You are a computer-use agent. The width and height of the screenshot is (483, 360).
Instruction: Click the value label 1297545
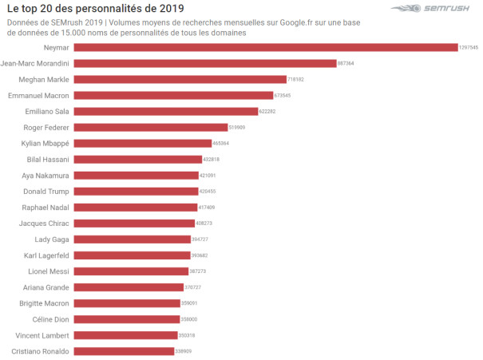[x=469, y=48]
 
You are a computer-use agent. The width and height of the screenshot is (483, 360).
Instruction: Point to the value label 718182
[x=296, y=80]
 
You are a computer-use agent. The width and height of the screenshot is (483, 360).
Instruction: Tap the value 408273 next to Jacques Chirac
[x=204, y=224]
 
